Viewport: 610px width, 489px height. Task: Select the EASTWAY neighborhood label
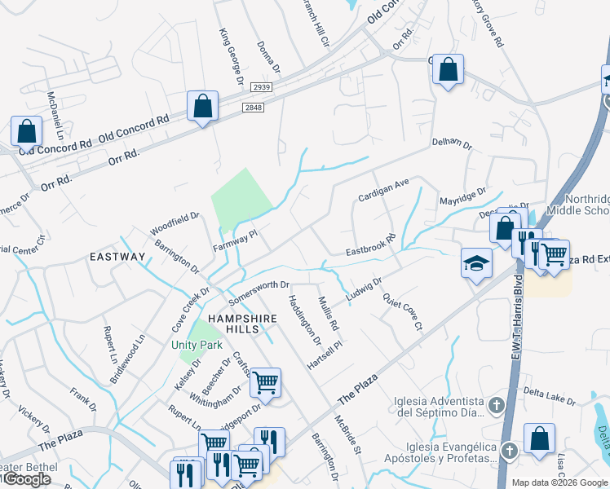click(x=117, y=257)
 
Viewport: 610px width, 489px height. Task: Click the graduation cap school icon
click(x=477, y=263)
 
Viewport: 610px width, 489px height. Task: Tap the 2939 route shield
click(x=261, y=87)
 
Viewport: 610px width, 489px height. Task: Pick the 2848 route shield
click(x=253, y=106)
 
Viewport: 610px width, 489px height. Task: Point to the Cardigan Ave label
click(x=383, y=192)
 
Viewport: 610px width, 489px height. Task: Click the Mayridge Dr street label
click(x=462, y=198)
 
